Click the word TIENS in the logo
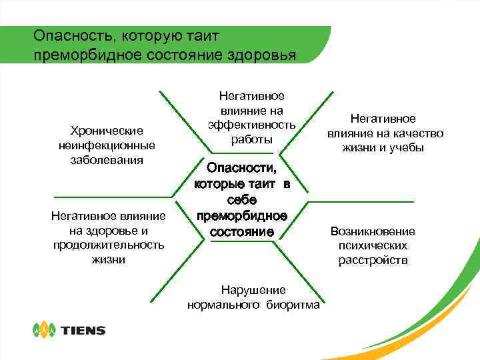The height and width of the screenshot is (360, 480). (83, 330)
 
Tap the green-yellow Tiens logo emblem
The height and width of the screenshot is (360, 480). (45, 329)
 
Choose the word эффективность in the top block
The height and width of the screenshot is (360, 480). (252, 125)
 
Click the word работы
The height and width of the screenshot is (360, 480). (252, 139)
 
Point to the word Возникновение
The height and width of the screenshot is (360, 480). (373, 231)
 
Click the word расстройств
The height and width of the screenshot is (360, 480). (373, 260)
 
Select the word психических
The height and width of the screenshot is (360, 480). (373, 245)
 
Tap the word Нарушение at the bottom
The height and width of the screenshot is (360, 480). (253, 290)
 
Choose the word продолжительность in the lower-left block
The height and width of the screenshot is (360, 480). (109, 245)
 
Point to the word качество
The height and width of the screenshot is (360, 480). (415, 133)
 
